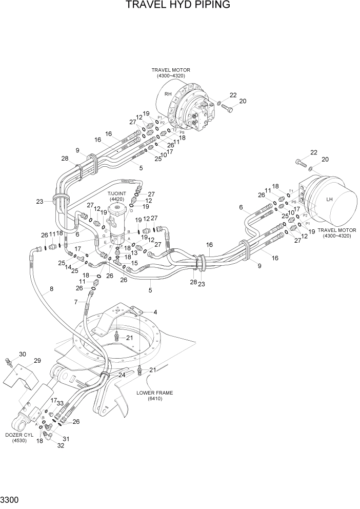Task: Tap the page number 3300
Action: [x=10, y=498]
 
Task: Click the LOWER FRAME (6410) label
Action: [x=155, y=395]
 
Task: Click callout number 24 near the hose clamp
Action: [x=122, y=375]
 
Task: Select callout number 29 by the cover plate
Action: [x=37, y=361]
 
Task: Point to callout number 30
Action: [x=22, y=354]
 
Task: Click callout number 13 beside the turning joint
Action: [x=134, y=252]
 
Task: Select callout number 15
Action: [x=134, y=263]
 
